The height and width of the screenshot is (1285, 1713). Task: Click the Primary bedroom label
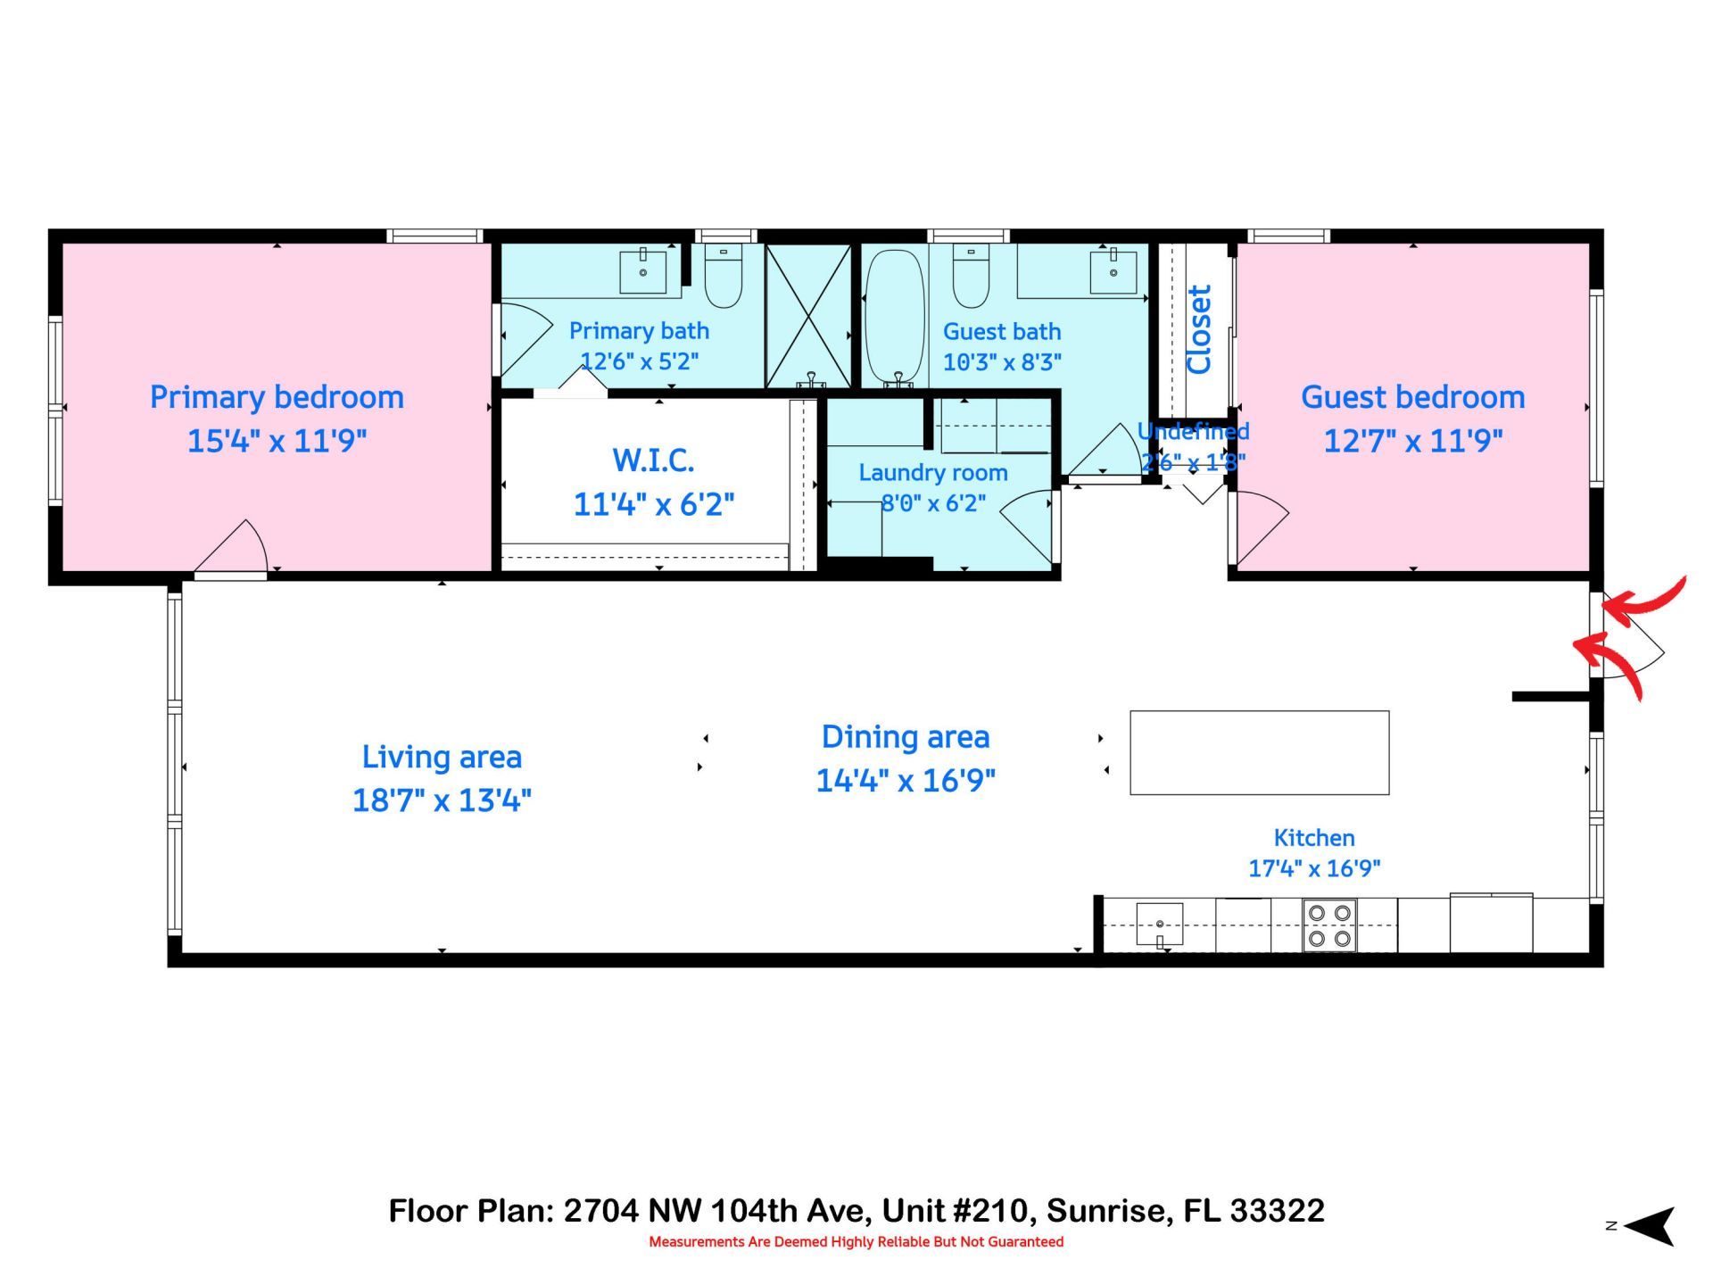tap(277, 397)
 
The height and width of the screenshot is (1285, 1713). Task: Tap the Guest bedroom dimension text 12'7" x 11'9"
tap(1412, 441)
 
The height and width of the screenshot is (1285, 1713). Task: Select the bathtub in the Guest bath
tap(894, 317)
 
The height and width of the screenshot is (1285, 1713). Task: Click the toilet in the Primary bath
tap(724, 276)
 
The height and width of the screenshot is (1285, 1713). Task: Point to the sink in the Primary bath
tap(642, 270)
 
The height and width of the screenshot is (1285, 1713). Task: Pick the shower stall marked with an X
tap(808, 316)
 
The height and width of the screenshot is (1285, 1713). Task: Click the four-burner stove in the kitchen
tap(1329, 925)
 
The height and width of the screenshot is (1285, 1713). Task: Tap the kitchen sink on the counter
tap(1159, 924)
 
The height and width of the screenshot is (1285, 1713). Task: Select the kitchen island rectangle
tap(1259, 752)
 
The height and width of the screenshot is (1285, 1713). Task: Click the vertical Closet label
tap(1198, 329)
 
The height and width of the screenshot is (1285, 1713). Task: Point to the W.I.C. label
tap(653, 460)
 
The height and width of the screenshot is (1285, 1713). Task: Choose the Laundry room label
tap(933, 473)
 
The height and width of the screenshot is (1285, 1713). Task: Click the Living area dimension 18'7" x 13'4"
tap(442, 800)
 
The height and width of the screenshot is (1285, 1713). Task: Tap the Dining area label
tap(906, 737)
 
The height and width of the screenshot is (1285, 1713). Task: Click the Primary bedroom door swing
tap(234, 548)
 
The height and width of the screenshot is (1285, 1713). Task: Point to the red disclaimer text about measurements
tap(856, 1241)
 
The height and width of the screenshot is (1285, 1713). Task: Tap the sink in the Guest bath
tap(1113, 270)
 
